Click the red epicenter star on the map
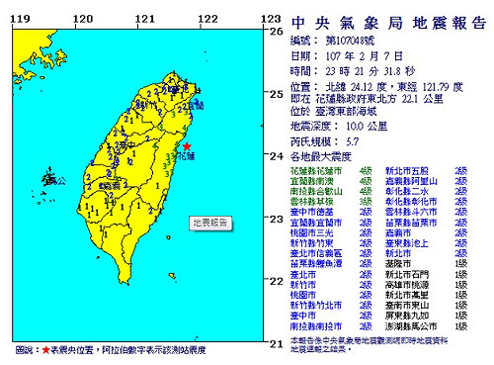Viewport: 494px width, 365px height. [x=188, y=146]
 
